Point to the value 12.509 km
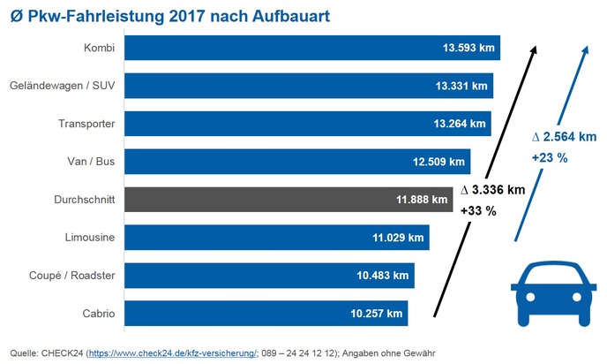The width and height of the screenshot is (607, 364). click(438, 162)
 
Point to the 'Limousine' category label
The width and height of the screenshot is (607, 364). click(88, 238)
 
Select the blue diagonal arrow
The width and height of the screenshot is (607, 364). click(550, 141)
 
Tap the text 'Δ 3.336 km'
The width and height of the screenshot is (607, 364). click(493, 190)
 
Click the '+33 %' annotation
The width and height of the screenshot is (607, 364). click(478, 211)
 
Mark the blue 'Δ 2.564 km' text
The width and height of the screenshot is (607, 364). click(564, 137)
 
